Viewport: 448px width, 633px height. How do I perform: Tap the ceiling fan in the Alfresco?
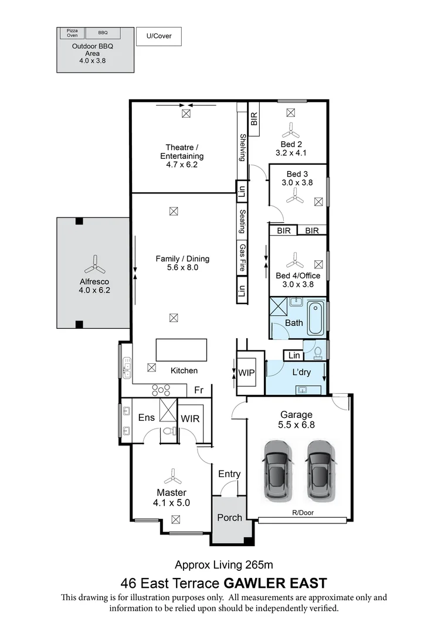94,267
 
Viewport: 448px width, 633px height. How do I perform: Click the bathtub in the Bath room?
315,318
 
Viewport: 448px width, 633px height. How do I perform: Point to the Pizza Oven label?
72,33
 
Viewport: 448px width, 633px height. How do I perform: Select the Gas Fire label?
242,258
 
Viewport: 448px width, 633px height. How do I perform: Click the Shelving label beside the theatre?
242,147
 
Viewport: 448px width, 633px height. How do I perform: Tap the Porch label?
229,517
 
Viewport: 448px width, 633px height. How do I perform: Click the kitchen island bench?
181,350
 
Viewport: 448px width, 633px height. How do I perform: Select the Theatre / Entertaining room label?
182,156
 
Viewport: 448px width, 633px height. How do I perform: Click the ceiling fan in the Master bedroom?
174,477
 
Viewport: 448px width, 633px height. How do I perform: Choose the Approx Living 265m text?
224,565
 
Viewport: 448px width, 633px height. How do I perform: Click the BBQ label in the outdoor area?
103,33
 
